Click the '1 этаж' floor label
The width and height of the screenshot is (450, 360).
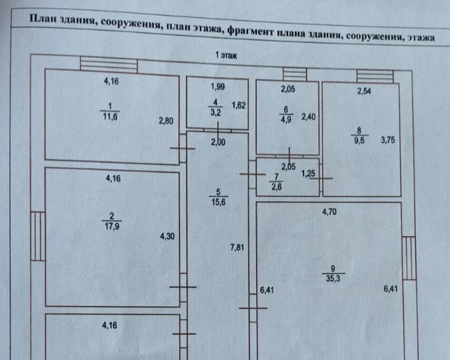click(x=225, y=55)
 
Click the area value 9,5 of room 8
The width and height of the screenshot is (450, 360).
click(x=359, y=140)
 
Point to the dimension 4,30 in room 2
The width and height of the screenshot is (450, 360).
click(x=167, y=237)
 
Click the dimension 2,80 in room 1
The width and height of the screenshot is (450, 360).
click(x=165, y=121)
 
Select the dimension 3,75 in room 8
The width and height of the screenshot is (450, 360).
click(x=388, y=140)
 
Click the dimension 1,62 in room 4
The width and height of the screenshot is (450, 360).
click(x=239, y=105)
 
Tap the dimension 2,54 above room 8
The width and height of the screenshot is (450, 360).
click(x=365, y=92)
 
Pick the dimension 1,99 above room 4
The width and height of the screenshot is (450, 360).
click(x=217, y=87)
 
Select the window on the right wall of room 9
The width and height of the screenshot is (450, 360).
click(x=409, y=259)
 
